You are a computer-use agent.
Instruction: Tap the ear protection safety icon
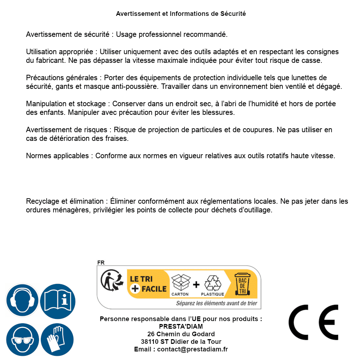pos(22,301)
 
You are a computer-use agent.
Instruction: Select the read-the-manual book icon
pos(57,301)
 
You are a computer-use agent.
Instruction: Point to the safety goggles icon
pos(22,340)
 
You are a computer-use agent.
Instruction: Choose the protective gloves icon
pos(57,340)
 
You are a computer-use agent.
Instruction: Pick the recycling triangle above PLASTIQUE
pos(212,282)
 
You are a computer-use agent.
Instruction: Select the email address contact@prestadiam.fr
pos(193,349)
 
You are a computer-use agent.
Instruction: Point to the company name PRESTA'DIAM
pos(181,327)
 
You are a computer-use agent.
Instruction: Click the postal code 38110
pos(150,342)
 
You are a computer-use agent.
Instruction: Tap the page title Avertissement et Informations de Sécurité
pos(181,14)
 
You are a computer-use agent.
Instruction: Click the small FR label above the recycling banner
pos(101,263)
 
